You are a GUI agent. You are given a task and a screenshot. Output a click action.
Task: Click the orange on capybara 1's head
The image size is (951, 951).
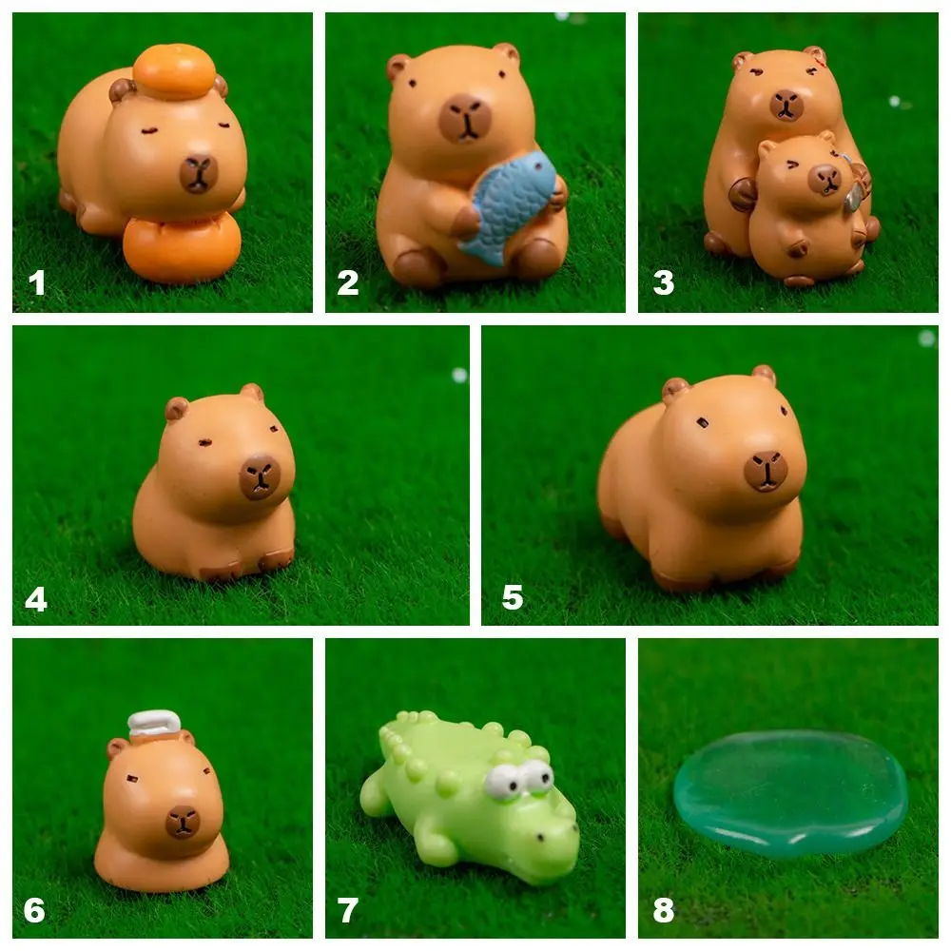tap(174, 71)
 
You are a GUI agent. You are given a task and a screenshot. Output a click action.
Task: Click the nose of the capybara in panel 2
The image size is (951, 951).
tap(466, 117)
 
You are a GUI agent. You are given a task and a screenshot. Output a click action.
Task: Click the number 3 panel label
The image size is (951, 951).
tap(663, 282)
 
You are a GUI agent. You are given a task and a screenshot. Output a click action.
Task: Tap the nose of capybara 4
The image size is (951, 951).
tap(259, 476)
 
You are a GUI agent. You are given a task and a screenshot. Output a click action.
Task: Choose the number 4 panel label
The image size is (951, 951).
tap(36, 598)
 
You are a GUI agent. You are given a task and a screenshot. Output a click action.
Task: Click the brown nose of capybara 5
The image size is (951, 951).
tap(766, 470)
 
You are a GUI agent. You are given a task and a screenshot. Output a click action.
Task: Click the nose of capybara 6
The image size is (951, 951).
tap(183, 821)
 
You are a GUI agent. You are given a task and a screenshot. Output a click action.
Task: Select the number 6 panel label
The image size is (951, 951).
tap(35, 911)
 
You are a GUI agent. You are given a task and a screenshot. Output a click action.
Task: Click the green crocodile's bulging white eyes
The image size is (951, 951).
tap(520, 779)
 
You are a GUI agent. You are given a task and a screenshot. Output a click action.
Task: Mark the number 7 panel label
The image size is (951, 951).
tap(348, 911)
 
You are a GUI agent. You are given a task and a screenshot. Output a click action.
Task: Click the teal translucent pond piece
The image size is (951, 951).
tap(789, 792)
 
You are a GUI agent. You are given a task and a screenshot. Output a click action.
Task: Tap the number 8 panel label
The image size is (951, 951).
tap(663, 911)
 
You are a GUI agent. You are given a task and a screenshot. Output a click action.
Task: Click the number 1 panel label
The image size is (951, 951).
tap(36, 282)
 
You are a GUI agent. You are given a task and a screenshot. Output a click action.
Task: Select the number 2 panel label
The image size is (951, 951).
tap(348, 282)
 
